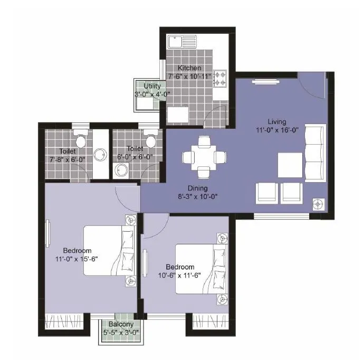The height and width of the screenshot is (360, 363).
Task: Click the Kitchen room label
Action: pyautogui.click(x=189, y=68)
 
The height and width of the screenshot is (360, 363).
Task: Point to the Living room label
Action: pyautogui.click(x=276, y=121)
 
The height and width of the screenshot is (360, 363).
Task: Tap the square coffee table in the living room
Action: pyautogui.click(x=290, y=165)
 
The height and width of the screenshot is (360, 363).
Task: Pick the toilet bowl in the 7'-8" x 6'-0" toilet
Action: pyautogui.click(x=81, y=140)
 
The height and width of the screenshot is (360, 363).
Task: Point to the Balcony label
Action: pyautogui.click(x=121, y=325)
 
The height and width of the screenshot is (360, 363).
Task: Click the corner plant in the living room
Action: pyautogui.click(x=318, y=203)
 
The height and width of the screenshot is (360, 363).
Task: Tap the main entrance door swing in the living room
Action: pyautogui.click(x=311, y=87)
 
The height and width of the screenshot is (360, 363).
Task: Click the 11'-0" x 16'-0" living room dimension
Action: pyautogui.click(x=276, y=130)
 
